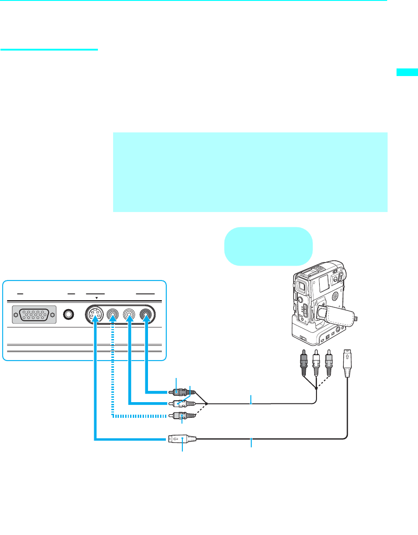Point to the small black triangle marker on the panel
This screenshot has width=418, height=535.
point(97,297)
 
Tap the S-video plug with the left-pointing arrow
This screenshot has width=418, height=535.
point(179,439)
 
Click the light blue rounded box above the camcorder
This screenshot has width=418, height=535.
point(268,246)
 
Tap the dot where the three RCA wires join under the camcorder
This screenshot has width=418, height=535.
point(317,388)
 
